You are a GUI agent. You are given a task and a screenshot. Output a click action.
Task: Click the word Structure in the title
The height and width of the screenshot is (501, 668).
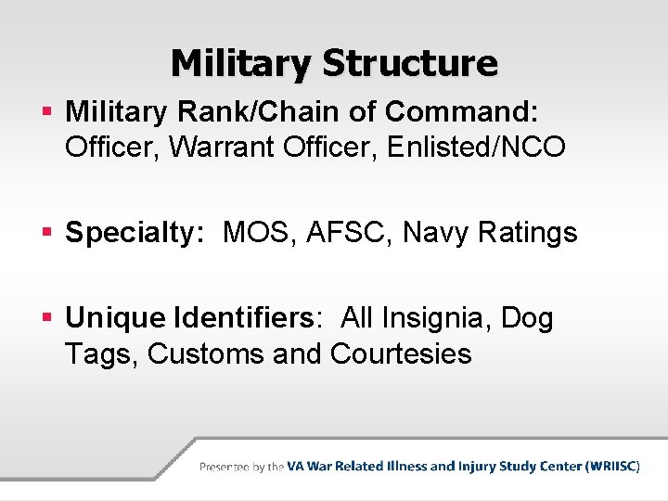point(409,64)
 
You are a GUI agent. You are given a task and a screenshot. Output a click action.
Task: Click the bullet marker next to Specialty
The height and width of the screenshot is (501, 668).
point(48,233)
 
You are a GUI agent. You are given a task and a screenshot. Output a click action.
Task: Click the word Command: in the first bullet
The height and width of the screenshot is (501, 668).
point(461,111)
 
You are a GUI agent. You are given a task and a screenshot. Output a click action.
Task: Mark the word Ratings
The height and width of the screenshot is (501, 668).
point(527,233)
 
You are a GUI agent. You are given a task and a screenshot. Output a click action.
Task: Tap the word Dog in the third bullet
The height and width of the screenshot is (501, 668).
point(527,319)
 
